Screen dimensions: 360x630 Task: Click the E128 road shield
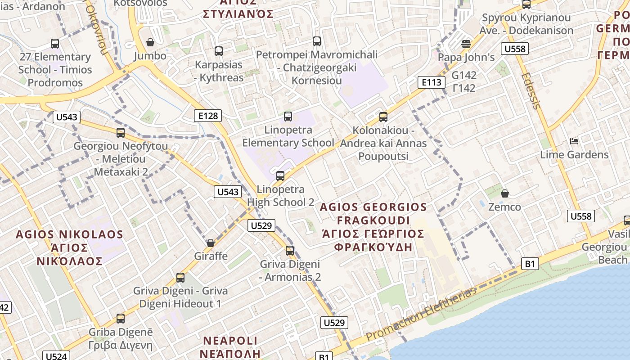pyautogui.click(x=208, y=116)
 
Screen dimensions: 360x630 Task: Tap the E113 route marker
pyautogui.click(x=431, y=82)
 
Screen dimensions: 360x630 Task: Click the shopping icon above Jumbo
pyautogui.click(x=150, y=42)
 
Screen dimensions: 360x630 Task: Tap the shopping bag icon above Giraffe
pyautogui.click(x=210, y=243)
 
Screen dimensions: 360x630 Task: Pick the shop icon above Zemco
pyautogui.click(x=505, y=193)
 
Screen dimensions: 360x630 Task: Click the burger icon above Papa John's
pyautogui.click(x=466, y=44)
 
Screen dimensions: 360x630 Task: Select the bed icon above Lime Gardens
pyautogui.click(x=574, y=141)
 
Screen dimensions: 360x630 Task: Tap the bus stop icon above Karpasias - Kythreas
pyautogui.click(x=219, y=51)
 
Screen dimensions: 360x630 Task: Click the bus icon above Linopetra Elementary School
pyautogui.click(x=288, y=117)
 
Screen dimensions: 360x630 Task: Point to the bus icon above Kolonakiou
pyautogui.click(x=383, y=117)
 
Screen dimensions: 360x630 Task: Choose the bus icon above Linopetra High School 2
pyautogui.click(x=280, y=176)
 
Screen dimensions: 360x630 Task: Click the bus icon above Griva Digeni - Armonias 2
pyautogui.click(x=290, y=251)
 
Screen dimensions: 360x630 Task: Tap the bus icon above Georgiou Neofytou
pyautogui.click(x=121, y=133)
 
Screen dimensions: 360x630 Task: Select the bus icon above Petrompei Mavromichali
pyautogui.click(x=317, y=41)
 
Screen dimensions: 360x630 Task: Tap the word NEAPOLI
pyautogui.click(x=230, y=340)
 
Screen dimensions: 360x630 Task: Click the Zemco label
pyautogui.click(x=505, y=207)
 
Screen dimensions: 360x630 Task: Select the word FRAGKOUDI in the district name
pyautogui.click(x=373, y=220)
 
